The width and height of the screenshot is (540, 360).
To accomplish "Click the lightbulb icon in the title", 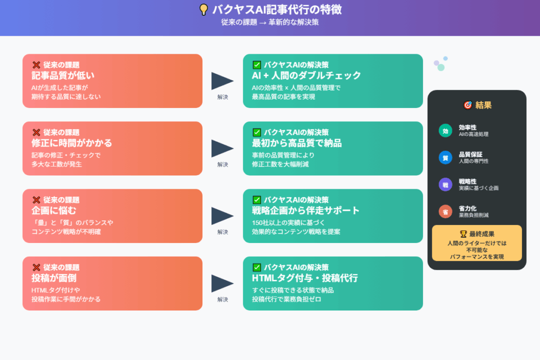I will coord(204,10).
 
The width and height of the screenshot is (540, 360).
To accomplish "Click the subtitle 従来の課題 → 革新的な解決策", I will coord(270,23).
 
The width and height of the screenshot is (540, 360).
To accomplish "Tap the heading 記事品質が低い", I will coord(63,75).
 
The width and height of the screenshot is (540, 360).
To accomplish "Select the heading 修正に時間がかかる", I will coord(72,143).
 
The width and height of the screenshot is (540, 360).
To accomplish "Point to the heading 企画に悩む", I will coord(54,210).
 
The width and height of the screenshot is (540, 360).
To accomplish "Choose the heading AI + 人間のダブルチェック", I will coord(306,75).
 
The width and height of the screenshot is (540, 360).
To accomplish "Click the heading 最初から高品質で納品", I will coord(297,143).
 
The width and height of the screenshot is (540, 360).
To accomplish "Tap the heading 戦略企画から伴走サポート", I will coord(306,210).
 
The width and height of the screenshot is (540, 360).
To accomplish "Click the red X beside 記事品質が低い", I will coord(36,65).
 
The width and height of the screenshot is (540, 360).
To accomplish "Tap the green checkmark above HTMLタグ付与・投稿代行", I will coord(257,267).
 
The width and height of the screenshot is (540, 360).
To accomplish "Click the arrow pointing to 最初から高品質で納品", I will coord(222,148).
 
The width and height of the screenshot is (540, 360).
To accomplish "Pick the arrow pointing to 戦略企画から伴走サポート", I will coord(222,216).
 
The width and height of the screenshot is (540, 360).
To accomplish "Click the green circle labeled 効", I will coord(446,131).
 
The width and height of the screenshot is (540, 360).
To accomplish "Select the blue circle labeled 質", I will coord(446,158).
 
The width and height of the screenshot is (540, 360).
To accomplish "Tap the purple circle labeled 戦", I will coord(446,184).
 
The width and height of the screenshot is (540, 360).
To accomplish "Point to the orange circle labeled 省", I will coord(446,211).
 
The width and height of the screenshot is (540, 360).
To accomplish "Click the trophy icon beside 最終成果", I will coord(449,233).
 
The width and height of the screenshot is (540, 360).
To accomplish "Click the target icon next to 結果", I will coord(467,105).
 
